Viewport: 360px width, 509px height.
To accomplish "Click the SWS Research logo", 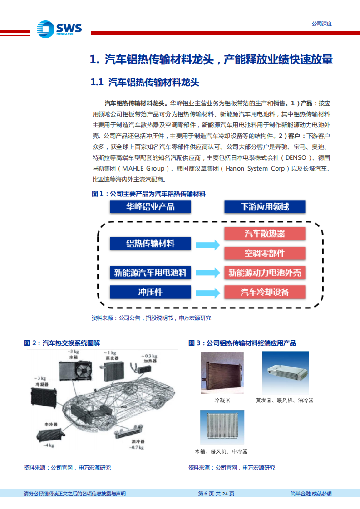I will [59, 29].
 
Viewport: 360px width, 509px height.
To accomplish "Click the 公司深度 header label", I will [321, 24].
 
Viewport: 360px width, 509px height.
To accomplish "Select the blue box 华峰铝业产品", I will [150, 207].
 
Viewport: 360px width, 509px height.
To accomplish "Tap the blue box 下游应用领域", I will [265, 207].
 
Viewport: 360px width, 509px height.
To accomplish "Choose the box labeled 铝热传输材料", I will [150, 244].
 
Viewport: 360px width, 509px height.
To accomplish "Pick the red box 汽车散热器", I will [265, 234].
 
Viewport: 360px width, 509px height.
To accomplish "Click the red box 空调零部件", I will [265, 253].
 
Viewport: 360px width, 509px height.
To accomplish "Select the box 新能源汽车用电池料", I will [150, 273].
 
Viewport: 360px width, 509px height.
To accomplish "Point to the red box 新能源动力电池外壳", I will [265, 273].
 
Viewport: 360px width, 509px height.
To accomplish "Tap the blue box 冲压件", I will [150, 292].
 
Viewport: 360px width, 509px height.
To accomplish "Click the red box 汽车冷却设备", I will [265, 292].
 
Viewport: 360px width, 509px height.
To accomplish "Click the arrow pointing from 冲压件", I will [207, 292].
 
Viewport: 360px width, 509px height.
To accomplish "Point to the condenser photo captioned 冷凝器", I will [222, 373].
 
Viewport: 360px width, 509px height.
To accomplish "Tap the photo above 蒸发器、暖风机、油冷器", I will [286, 373].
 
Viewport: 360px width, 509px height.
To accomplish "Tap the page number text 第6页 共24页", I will [217, 494].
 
